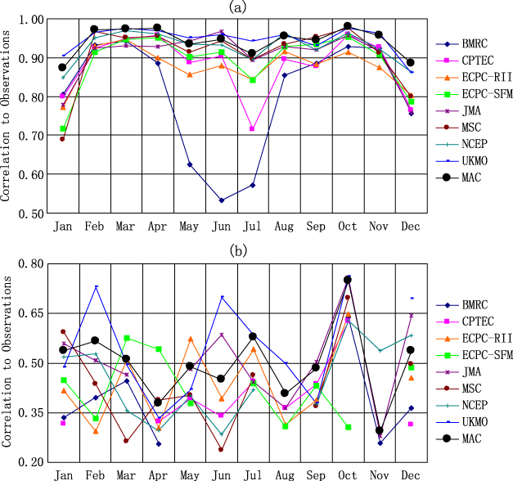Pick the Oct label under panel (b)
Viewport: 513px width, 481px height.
coord(348,474)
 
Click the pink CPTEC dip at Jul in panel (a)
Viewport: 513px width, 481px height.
coord(252,129)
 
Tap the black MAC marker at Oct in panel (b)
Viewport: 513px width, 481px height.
coord(348,280)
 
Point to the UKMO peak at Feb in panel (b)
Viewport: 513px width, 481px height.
coord(96,286)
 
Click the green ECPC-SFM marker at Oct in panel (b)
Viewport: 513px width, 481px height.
coord(348,427)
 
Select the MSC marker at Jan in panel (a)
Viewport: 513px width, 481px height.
coord(62,139)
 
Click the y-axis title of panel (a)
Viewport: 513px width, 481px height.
coord(7,116)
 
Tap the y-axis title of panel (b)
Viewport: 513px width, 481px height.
coord(7,362)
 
